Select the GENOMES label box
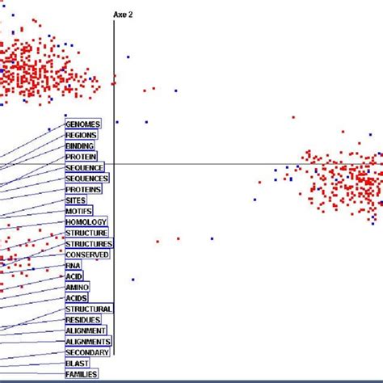tap(83, 124)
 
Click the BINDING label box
tap(80, 145)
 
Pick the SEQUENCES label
tap(87, 178)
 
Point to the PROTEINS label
tap(84, 189)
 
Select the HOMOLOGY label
tap(86, 221)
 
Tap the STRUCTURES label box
tap(89, 243)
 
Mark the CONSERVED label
tap(86, 255)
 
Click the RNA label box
tap(73, 265)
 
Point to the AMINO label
tap(78, 287)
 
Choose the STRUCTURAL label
tap(89, 309)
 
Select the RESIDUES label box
tap(83, 319)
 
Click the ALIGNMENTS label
tap(88, 342)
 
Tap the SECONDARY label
tap(86, 352)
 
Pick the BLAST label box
tap(77, 363)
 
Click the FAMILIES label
tap(82, 374)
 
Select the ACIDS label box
tap(77, 298)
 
